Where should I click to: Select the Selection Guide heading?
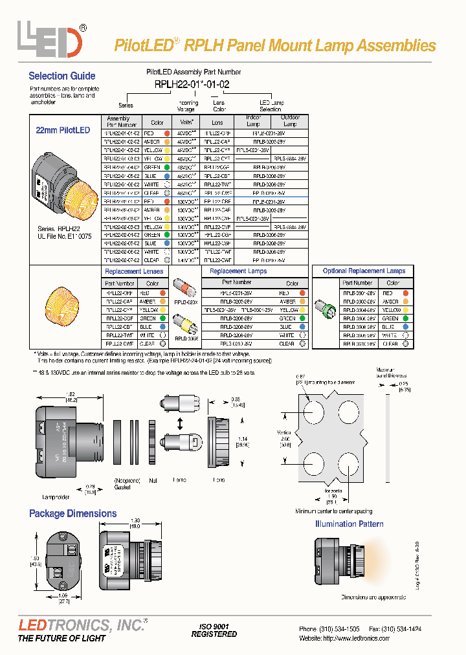click(x=62, y=76)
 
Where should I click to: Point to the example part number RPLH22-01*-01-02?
click(x=192, y=84)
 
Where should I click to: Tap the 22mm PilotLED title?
click(x=63, y=130)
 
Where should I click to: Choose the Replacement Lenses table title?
click(x=134, y=271)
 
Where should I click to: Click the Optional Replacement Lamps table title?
click(x=364, y=271)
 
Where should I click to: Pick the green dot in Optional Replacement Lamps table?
click(x=405, y=318)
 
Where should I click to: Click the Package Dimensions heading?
click(x=72, y=513)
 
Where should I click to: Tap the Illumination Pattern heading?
click(x=349, y=524)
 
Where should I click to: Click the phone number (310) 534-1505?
click(x=339, y=628)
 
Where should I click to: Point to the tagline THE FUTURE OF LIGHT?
click(x=62, y=639)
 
